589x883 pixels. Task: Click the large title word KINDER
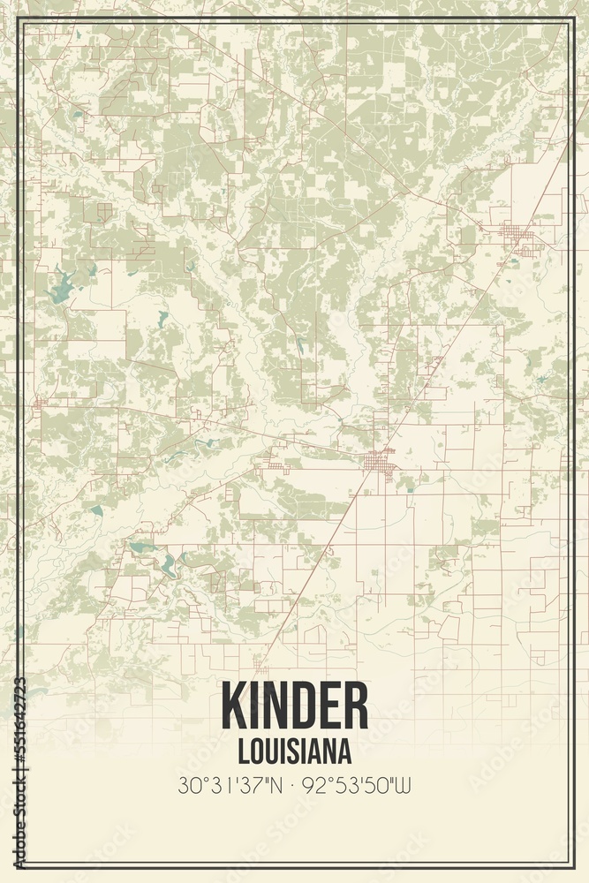pyautogui.click(x=294, y=707)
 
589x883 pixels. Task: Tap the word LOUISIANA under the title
pyautogui.click(x=294, y=751)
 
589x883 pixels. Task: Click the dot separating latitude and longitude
pyautogui.click(x=295, y=783)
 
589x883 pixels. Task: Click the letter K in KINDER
pyautogui.click(x=234, y=707)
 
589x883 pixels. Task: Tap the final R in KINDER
pyautogui.click(x=354, y=707)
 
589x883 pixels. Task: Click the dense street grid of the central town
pyautogui.click(x=382, y=461)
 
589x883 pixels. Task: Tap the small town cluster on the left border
pyautogui.click(x=39, y=404)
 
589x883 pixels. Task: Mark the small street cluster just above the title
pyautogui.click(x=261, y=668)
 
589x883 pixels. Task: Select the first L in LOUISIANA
pyautogui.click(x=243, y=751)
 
